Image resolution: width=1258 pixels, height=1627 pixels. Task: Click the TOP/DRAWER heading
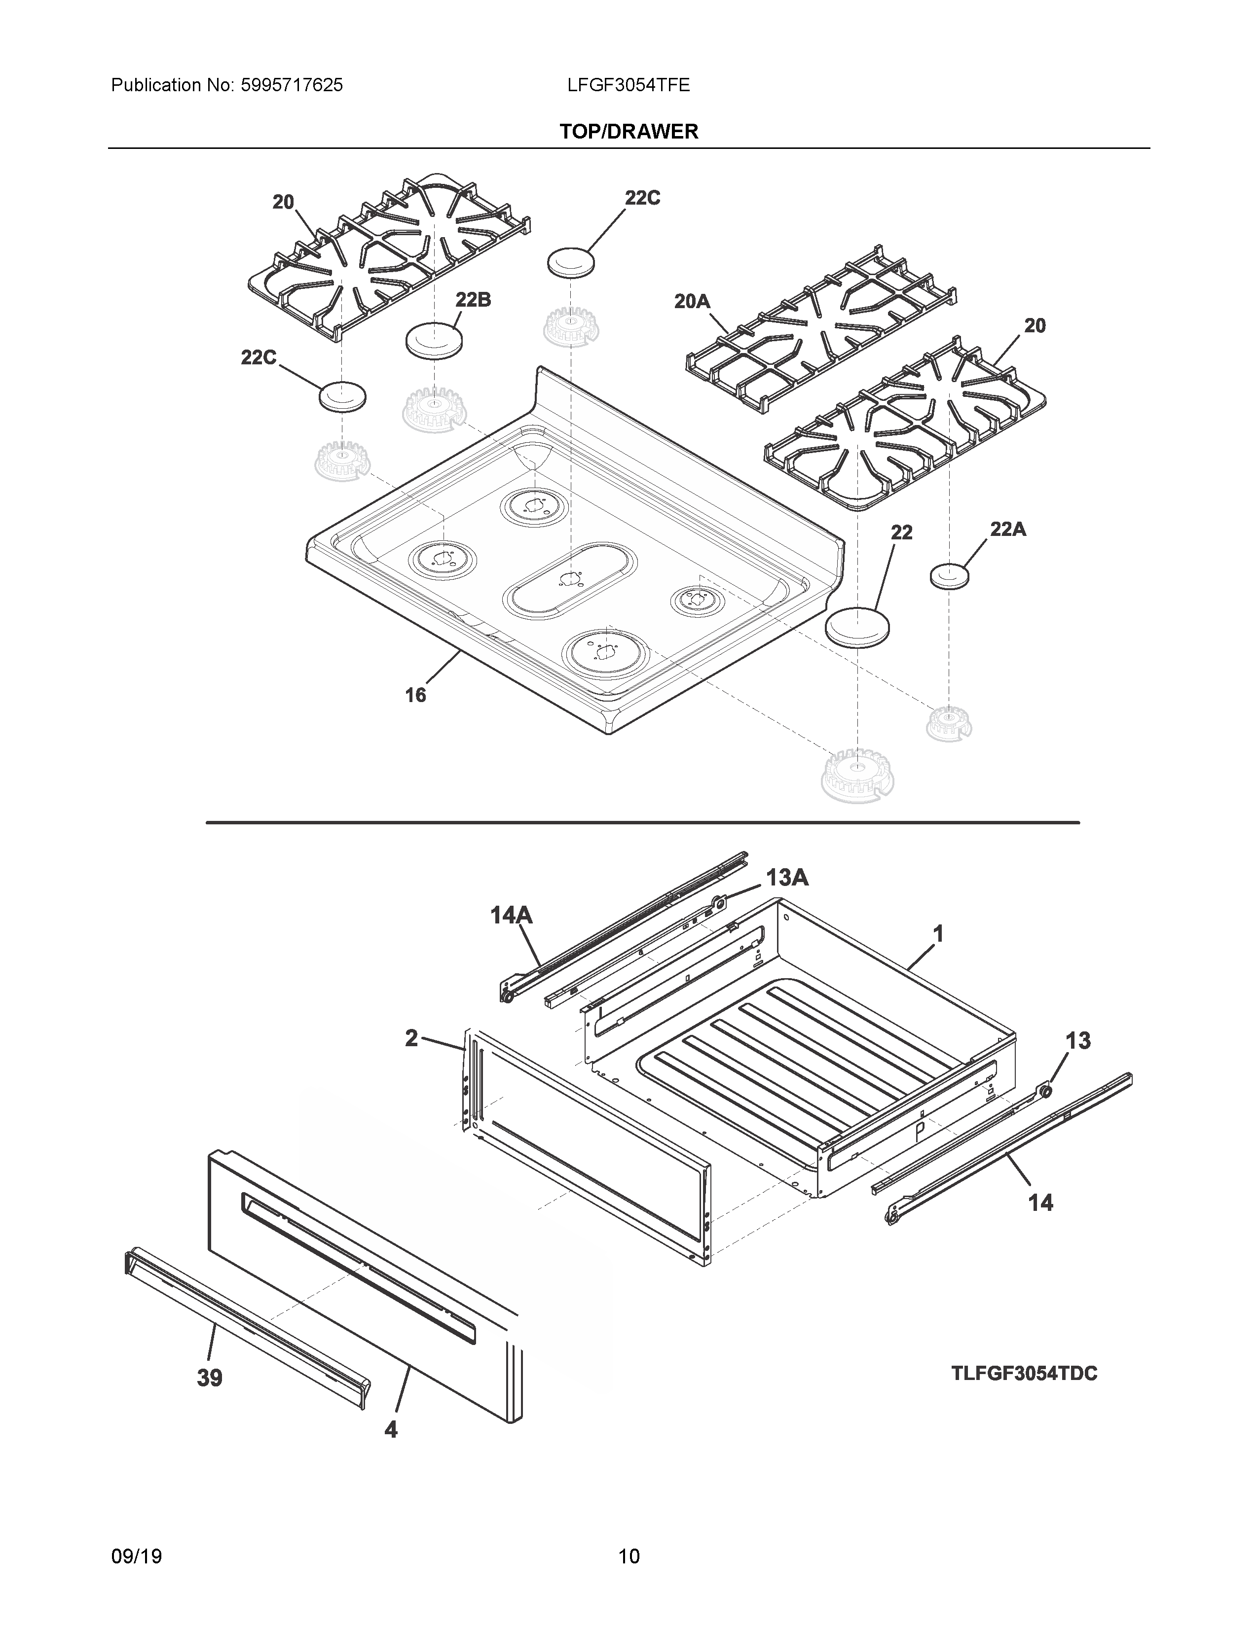tap(628, 132)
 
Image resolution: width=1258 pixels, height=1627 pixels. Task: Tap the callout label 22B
tap(473, 300)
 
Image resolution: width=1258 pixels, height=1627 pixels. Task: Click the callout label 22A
tap(1007, 529)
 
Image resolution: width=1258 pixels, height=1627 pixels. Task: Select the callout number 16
tap(415, 695)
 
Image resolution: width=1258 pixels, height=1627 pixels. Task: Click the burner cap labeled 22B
tap(434, 341)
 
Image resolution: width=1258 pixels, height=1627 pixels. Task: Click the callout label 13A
tap(787, 878)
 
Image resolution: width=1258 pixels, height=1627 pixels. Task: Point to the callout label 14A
tap(511, 915)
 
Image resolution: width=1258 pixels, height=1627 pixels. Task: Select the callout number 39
tap(209, 1378)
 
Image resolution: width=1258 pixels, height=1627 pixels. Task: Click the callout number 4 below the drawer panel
tap(391, 1430)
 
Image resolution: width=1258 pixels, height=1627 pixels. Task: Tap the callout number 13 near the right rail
tap(1077, 1041)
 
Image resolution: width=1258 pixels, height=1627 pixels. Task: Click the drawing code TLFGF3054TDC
tap(1024, 1373)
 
